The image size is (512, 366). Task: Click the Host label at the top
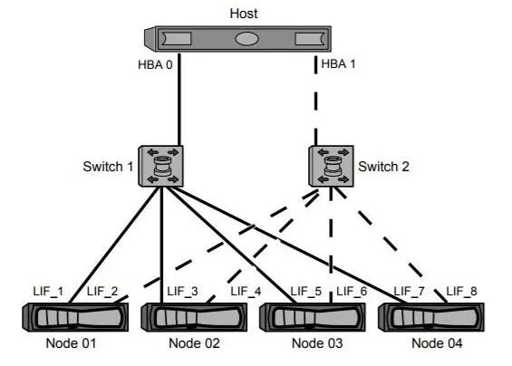pos(244,14)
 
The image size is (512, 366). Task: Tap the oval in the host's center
pos(246,39)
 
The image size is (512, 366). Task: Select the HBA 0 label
pos(155,64)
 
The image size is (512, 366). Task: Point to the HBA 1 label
pos(338,63)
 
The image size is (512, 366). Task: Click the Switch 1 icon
pos(160,166)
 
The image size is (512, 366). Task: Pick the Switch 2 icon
pos(331,166)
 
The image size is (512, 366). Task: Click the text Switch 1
pos(108,167)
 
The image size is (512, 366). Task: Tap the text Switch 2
pos(383,167)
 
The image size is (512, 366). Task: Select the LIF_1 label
pos(48,291)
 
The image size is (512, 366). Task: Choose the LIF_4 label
pos(246,291)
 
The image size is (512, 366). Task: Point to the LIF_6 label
pos(352,291)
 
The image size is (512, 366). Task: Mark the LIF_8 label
pos(461,291)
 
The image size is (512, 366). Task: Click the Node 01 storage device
pos(75,317)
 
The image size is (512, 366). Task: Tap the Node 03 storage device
pos(312,317)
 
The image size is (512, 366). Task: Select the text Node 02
pos(194,343)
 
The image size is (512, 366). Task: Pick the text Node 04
pos(437,343)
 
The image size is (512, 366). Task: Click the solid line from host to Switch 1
pos(179,100)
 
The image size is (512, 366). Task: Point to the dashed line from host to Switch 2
pos(315,101)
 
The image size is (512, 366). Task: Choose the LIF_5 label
pos(306,291)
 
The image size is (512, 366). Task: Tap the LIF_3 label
pos(182,291)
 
